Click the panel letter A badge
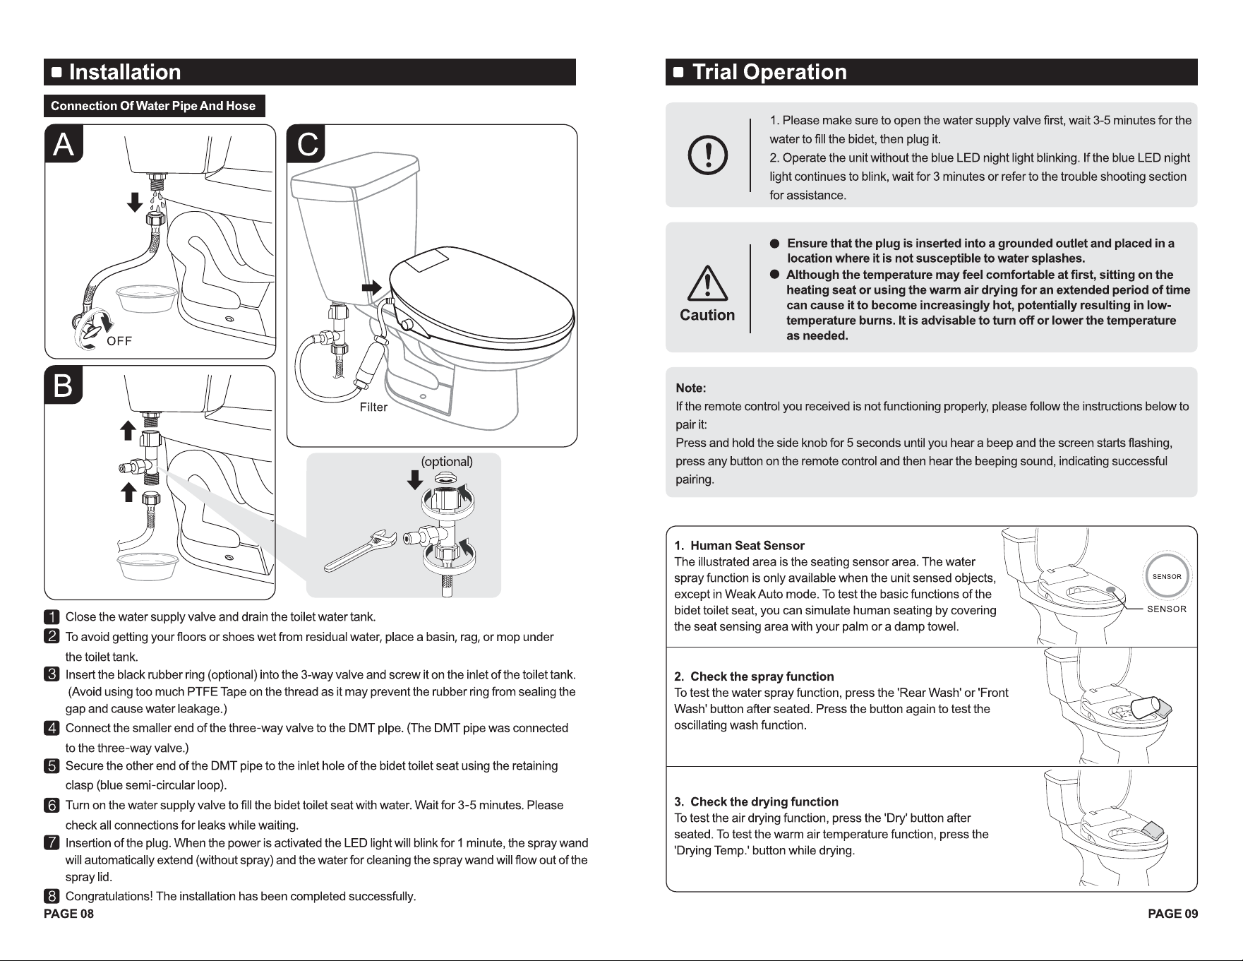[64, 144]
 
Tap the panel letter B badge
[64, 386]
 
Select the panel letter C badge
[306, 144]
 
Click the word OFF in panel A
[119, 341]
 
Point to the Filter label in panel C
[373, 407]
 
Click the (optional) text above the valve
[447, 462]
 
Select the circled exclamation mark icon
[708, 156]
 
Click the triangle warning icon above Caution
[707, 287]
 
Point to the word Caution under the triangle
[707, 315]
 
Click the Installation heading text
[125, 72]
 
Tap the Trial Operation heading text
[769, 72]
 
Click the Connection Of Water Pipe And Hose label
[153, 106]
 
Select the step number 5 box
[52, 766]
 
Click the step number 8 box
[52, 897]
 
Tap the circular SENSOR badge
[1167, 576]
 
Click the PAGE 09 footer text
[1172, 914]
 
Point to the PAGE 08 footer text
[68, 914]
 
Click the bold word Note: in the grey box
[691, 388]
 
